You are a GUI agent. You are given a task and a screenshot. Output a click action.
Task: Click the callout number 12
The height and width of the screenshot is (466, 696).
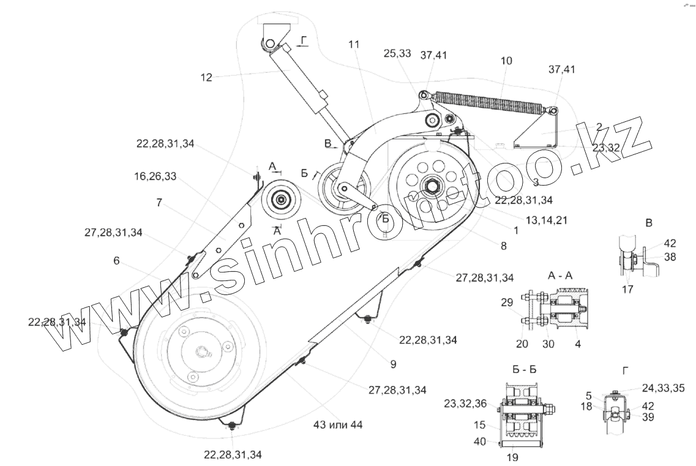click(x=206, y=77)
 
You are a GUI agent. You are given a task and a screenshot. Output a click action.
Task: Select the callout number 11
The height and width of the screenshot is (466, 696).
click(x=354, y=45)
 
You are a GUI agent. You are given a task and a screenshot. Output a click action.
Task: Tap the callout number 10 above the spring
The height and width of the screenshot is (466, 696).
click(x=506, y=61)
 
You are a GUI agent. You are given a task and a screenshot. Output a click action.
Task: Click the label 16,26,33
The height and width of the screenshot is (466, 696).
click(x=155, y=176)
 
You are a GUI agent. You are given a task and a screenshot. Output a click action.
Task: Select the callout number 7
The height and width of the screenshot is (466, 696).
click(x=159, y=203)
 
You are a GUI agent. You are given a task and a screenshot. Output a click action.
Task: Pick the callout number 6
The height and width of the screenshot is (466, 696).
click(x=116, y=260)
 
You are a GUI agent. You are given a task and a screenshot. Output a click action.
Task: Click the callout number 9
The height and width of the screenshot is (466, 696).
click(x=393, y=364)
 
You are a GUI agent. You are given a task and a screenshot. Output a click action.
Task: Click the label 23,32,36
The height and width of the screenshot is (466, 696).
click(x=466, y=403)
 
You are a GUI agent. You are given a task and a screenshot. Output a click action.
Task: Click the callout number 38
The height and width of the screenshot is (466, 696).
click(x=670, y=258)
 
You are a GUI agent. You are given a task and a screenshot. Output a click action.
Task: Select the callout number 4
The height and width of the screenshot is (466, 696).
click(x=578, y=344)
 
